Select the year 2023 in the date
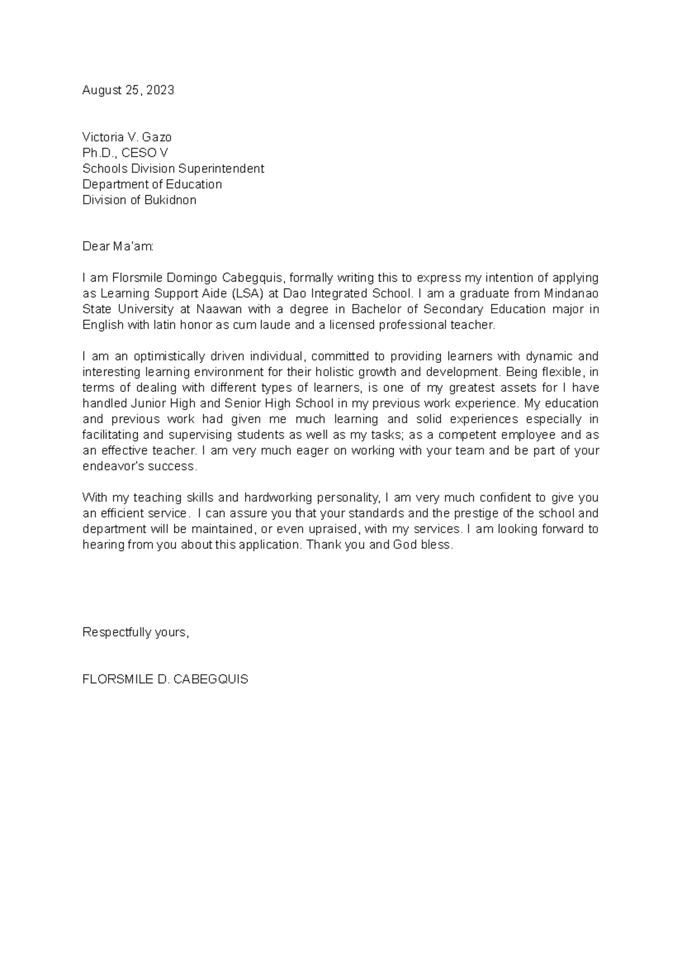click(x=160, y=90)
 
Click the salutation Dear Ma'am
click(x=118, y=247)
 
